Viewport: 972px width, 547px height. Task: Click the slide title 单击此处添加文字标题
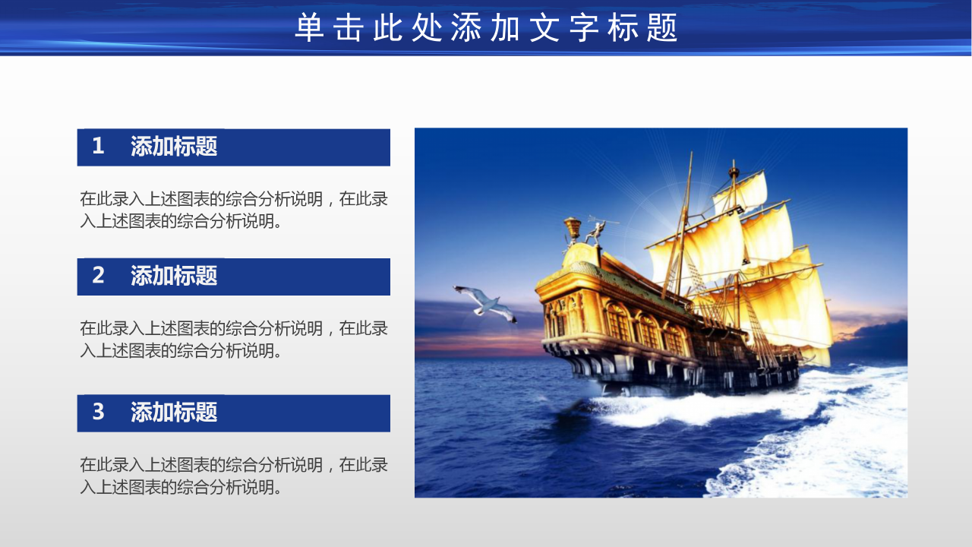[486, 28]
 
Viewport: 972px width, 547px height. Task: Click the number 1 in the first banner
[98, 146]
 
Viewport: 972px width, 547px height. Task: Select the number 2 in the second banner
[98, 275]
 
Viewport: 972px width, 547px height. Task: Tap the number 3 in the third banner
[98, 412]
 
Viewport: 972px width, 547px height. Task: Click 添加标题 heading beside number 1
[174, 146]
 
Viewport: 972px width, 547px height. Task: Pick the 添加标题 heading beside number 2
[174, 275]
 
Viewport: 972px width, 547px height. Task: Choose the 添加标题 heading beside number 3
[174, 412]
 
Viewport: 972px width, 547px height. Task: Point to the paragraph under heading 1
[234, 210]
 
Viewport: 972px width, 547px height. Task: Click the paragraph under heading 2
[234, 339]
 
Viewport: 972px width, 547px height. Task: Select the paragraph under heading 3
[234, 476]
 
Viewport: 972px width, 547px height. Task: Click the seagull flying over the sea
[484, 302]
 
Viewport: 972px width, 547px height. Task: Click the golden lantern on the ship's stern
[572, 227]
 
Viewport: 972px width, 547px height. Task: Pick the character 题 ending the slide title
[664, 28]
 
